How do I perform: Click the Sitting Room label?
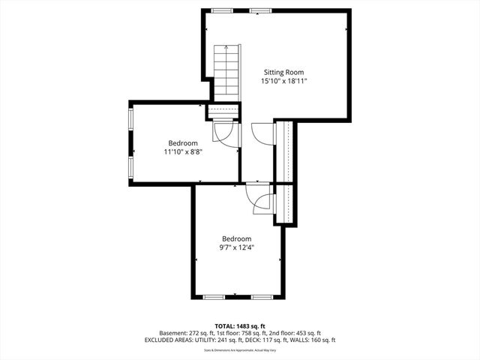click(283, 72)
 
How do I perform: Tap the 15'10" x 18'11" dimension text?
click(283, 81)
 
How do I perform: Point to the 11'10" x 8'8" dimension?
click(183, 151)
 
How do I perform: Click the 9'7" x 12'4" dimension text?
click(236, 247)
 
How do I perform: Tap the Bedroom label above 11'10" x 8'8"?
click(183, 143)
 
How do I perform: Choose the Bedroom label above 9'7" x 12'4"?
click(236, 238)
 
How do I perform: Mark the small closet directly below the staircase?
click(223, 112)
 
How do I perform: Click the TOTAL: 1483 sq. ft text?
click(240, 325)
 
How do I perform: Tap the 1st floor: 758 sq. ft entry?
click(240, 333)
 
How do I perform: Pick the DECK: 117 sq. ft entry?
click(274, 340)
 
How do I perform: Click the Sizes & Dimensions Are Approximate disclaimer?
click(240, 349)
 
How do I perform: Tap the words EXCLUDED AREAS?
click(171, 340)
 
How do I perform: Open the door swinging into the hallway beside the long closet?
click(262, 134)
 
